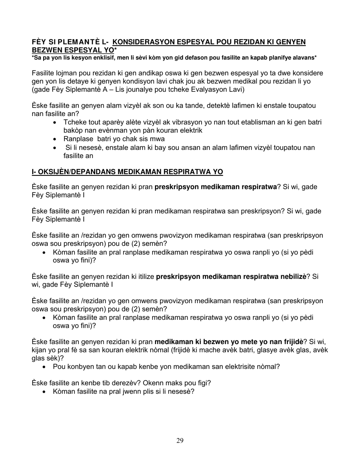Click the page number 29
[x=180, y=440]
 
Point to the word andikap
[x=142, y=73]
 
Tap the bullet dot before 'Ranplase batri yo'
[x=56, y=139]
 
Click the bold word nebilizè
[x=290, y=277]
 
